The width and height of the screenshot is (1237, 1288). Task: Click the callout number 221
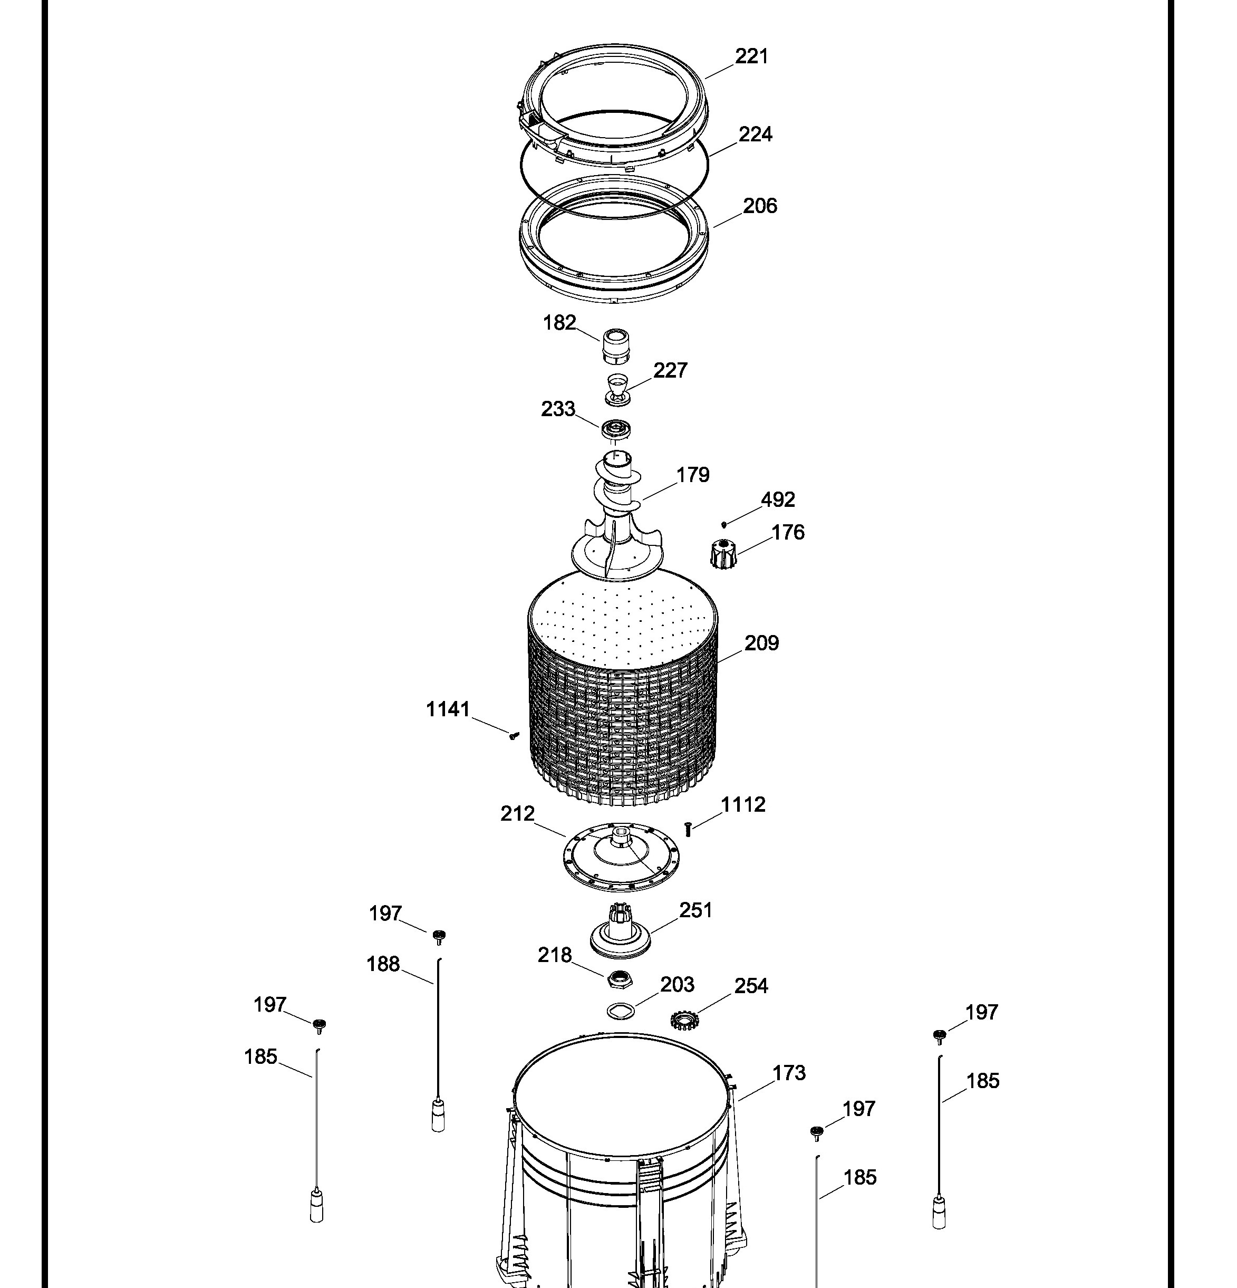751,56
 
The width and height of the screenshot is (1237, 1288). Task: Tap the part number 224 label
756,134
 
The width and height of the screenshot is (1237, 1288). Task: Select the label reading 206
760,206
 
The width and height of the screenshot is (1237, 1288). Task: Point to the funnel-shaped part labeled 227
617,390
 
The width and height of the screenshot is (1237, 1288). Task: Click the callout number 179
693,475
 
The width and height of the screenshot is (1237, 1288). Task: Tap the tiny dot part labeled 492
724,524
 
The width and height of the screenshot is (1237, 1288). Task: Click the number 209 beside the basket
762,643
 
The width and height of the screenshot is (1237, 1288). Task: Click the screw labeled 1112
688,829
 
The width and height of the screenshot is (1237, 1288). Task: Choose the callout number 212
518,814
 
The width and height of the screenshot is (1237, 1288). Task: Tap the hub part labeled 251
620,931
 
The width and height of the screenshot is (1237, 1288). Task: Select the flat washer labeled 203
620,1011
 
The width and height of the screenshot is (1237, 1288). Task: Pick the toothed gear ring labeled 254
683,1021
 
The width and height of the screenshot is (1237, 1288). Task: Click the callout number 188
383,965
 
